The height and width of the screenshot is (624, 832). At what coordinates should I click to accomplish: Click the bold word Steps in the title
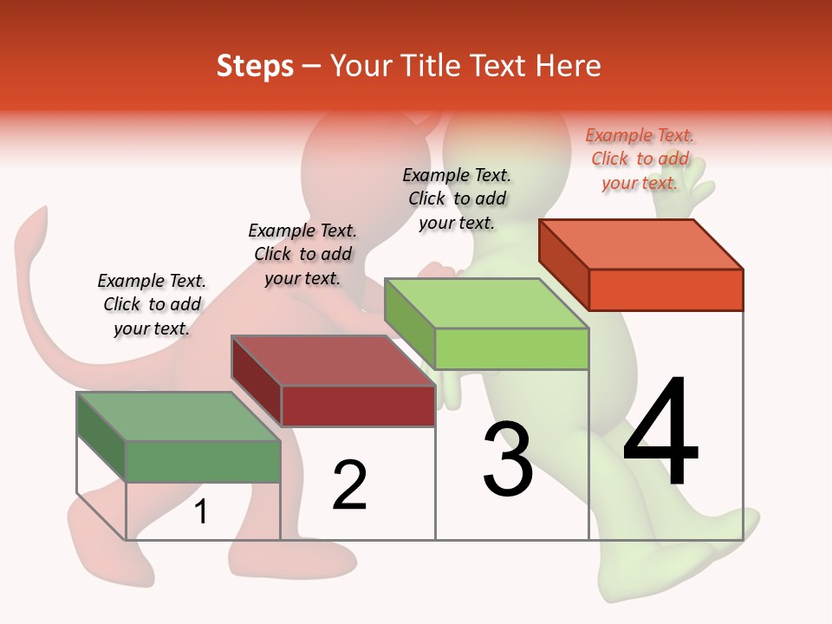255,66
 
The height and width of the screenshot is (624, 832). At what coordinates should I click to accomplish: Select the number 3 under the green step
507,460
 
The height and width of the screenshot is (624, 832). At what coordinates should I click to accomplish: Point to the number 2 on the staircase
349,485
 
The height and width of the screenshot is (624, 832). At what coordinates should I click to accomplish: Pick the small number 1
201,512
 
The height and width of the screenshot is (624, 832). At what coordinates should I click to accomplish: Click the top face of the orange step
641,244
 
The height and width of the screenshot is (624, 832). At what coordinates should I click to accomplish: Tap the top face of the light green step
487,302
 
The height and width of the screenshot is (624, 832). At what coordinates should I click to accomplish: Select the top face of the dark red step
334,360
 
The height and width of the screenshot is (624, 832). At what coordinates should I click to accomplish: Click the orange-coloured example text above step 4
640,159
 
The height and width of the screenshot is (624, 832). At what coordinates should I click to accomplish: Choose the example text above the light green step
457,198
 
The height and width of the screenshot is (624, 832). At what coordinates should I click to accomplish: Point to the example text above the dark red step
302,254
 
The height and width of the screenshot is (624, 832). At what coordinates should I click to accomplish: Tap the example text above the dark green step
152,304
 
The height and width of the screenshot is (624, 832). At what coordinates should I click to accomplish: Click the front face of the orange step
666,289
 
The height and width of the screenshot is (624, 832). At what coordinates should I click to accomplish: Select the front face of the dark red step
358,406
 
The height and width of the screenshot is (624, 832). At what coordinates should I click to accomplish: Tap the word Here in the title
569,66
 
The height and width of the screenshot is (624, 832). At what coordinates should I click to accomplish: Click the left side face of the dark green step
101,436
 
